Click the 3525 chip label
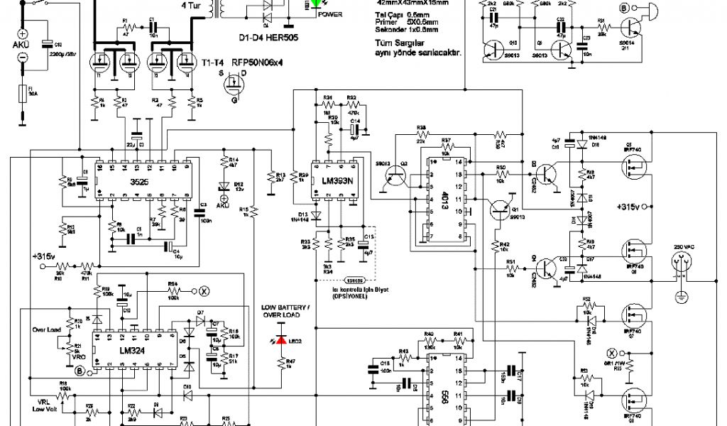139,182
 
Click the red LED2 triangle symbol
281,341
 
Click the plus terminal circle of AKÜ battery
23,34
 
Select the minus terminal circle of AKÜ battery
23,57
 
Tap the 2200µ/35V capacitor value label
62,53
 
